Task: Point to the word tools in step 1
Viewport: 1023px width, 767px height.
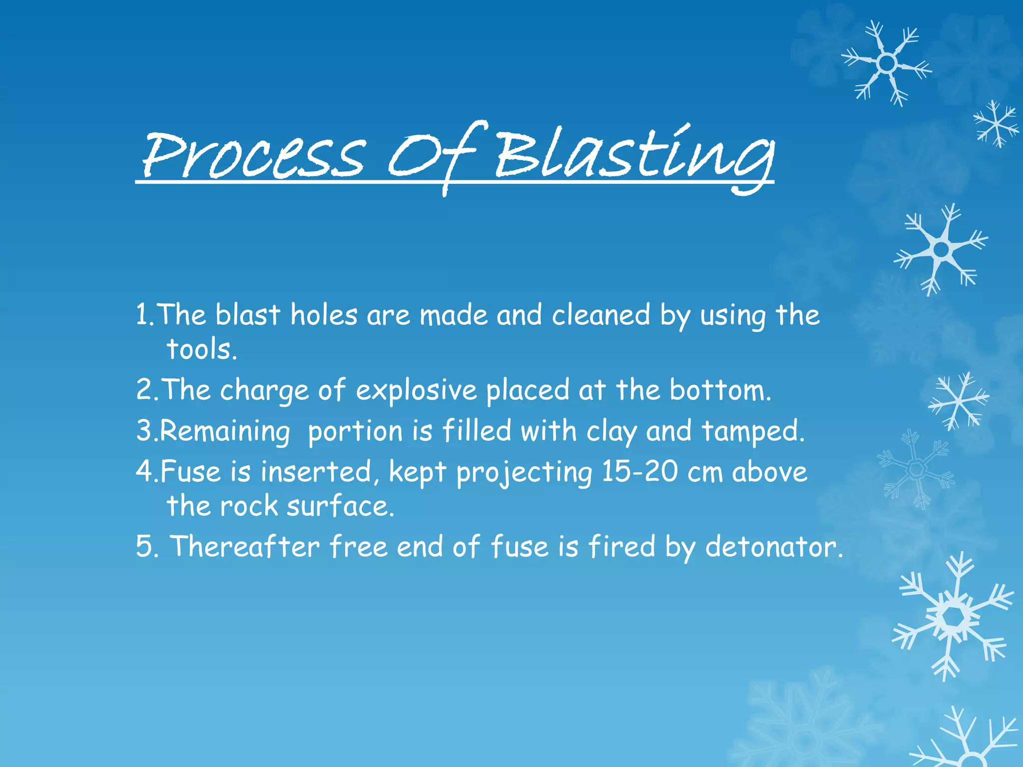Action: [201, 349]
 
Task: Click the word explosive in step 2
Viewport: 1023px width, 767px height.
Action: [416, 390]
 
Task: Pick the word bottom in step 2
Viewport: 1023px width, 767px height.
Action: [720, 390]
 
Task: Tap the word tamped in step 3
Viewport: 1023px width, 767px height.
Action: [753, 432]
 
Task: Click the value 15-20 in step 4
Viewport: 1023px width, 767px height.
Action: [639, 471]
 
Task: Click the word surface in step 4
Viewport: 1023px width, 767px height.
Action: [340, 506]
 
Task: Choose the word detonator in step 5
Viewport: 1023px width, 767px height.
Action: [774, 547]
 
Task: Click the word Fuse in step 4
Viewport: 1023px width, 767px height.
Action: [190, 471]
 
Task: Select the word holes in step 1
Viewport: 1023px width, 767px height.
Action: [324, 316]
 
